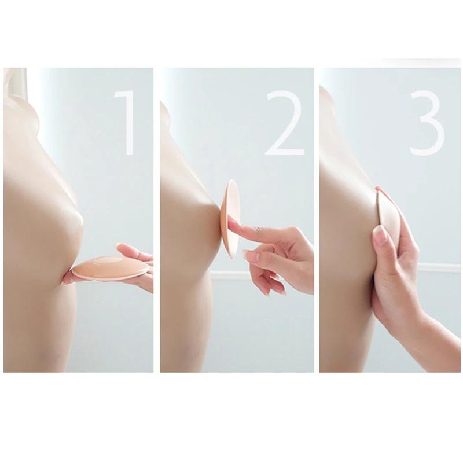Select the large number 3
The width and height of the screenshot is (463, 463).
pos(428,123)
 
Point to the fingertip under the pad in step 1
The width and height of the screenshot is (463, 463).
pos(68,279)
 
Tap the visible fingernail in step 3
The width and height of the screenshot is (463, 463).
pos(379,234)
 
